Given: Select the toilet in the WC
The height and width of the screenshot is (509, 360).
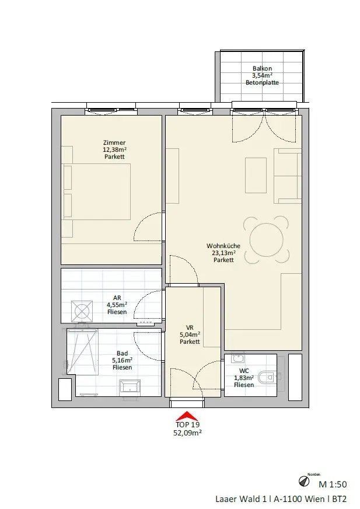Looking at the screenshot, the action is [x=265, y=377].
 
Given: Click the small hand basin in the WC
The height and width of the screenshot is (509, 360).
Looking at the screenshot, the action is [x=238, y=359].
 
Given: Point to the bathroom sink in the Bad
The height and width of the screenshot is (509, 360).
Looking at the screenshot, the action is [x=130, y=386].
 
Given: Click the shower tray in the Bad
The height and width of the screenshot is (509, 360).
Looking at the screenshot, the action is [x=82, y=352].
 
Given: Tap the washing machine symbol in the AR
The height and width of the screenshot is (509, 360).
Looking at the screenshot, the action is [x=82, y=311].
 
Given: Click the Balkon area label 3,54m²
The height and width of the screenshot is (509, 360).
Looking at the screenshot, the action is [x=262, y=76].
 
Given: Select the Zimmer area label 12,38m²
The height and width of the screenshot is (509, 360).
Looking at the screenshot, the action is [x=114, y=149].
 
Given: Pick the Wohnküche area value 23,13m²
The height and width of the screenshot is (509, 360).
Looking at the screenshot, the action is [x=223, y=253].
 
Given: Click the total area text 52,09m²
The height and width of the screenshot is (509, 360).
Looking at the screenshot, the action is [x=187, y=433].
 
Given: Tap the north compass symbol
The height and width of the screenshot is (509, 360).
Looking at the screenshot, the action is [x=304, y=482].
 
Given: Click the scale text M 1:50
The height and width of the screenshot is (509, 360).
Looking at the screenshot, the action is [x=333, y=484].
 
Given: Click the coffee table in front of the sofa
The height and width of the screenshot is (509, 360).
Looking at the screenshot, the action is [x=256, y=175].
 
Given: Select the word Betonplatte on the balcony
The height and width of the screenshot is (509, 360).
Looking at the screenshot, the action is [x=263, y=82].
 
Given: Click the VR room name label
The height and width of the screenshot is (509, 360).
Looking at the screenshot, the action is [x=190, y=327].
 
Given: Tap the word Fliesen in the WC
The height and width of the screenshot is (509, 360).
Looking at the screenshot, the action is [x=244, y=385].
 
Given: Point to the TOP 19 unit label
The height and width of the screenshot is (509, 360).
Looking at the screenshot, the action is [x=187, y=424].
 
